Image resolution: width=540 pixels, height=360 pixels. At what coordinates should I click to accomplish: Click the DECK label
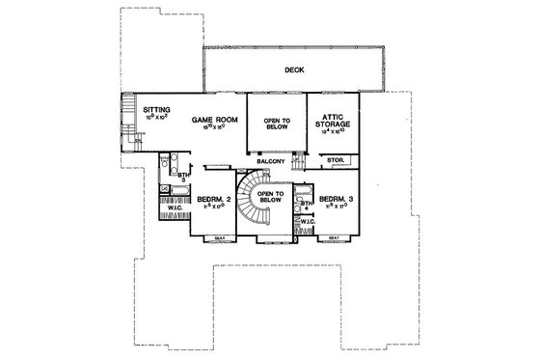coord(295,69)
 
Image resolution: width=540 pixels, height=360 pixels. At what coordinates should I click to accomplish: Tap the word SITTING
coord(157,111)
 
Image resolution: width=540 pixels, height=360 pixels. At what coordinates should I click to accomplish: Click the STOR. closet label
coord(336,159)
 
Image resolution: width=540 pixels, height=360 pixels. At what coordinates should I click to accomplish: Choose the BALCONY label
coord(270,161)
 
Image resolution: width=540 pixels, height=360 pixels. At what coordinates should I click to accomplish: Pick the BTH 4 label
coord(305,206)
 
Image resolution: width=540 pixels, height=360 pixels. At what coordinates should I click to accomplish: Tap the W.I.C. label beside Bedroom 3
coord(308,223)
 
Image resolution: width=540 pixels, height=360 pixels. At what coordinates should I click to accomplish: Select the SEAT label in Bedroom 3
coord(334,237)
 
